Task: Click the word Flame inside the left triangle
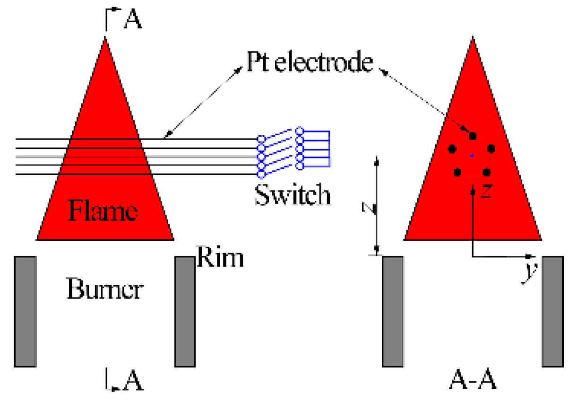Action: (103, 211)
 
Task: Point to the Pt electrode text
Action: (310, 62)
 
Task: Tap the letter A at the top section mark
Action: (133, 21)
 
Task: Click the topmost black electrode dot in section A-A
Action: (472, 136)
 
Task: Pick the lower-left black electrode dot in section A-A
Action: (457, 172)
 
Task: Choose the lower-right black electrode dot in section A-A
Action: (487, 172)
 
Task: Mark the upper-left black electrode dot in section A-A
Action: (452, 149)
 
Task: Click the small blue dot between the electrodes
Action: (471, 155)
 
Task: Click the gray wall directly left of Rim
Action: (185, 311)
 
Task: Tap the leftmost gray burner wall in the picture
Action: (26, 311)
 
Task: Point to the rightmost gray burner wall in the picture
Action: (552, 311)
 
